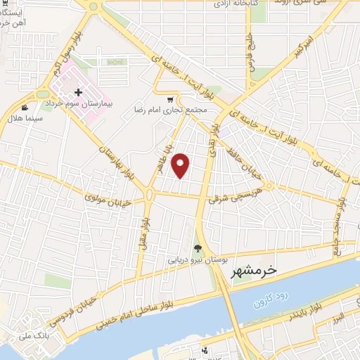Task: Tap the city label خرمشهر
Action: click(x=253, y=269)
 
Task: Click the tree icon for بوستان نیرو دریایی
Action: click(x=198, y=248)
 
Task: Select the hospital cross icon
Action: click(x=79, y=93)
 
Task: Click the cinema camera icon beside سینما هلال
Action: click(x=25, y=108)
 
